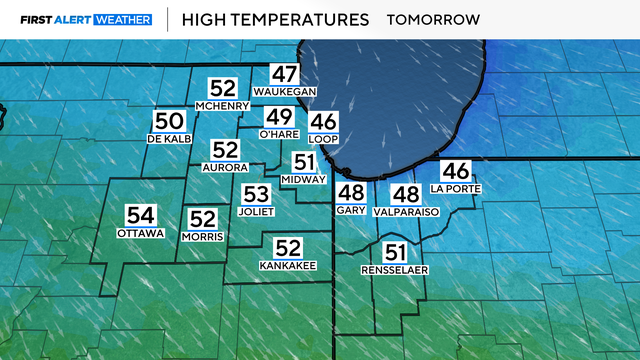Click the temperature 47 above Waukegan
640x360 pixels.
click(x=285, y=74)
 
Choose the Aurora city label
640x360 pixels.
click(x=225, y=167)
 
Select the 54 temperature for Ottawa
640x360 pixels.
click(x=140, y=214)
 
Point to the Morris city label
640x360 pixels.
click(x=203, y=236)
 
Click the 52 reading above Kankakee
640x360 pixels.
click(x=288, y=248)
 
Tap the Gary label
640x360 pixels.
click(x=351, y=212)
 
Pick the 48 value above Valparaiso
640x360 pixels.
click(x=405, y=195)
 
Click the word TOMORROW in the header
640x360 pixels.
click(x=433, y=19)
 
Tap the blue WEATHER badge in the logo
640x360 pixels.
click(x=122, y=19)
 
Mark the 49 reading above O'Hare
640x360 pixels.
click(x=278, y=117)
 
